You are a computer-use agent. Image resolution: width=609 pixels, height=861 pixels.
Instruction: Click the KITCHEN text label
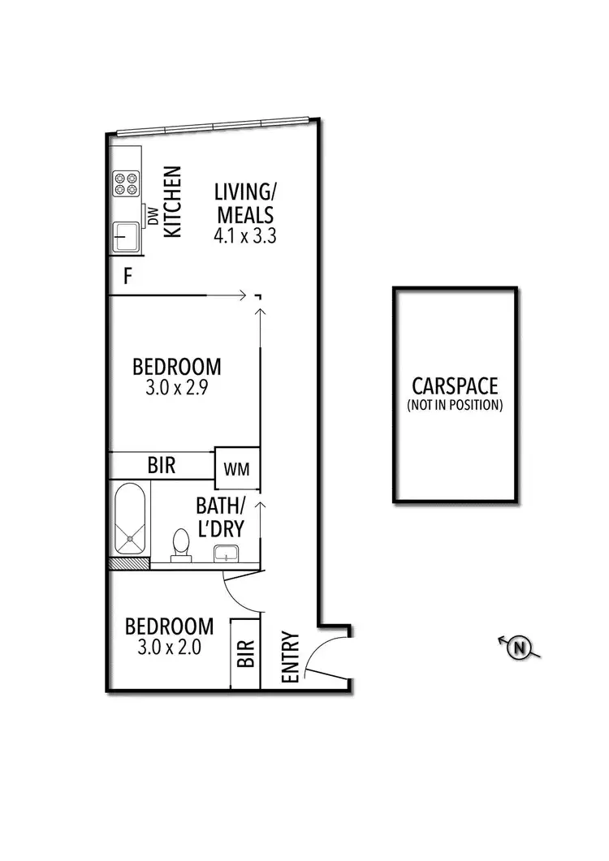[x=172, y=202]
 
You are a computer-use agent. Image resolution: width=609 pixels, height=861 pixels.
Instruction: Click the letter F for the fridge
[x=127, y=277]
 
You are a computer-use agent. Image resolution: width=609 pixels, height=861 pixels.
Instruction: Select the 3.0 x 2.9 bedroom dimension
[x=177, y=388]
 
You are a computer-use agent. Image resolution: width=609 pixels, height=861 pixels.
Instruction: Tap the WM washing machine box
[x=236, y=468]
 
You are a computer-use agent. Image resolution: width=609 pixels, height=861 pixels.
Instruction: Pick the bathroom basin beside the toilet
[x=227, y=553]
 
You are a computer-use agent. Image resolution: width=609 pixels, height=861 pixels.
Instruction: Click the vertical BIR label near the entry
[x=245, y=653]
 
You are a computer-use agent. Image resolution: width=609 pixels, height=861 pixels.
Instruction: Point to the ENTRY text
[x=290, y=657]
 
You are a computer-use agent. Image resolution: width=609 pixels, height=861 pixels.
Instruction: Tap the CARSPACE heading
[x=454, y=386]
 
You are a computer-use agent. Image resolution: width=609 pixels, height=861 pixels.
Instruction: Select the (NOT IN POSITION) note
[x=455, y=404]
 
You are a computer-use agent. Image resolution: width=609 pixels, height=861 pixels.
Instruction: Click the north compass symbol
[x=518, y=647]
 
